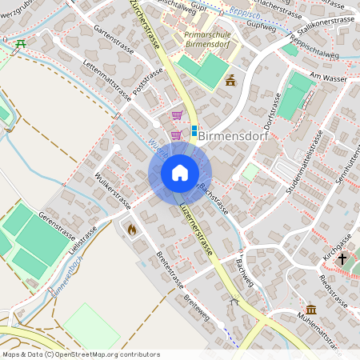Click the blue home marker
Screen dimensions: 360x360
(x=180, y=174)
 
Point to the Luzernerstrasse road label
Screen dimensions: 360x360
(x=198, y=227)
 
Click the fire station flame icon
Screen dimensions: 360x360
(x=131, y=229)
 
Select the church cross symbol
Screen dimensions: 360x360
(x=342, y=259)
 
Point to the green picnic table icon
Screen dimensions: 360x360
(x=21, y=43)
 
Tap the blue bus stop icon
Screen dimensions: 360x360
(x=194, y=130)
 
